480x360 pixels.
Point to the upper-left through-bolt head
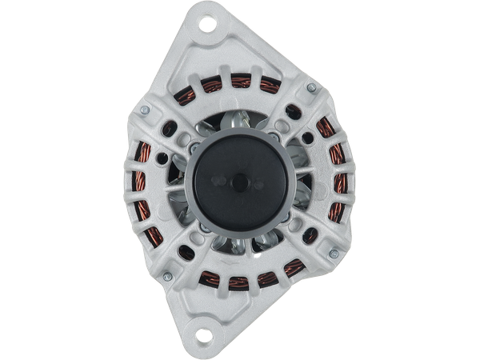(x=143, y=110)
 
